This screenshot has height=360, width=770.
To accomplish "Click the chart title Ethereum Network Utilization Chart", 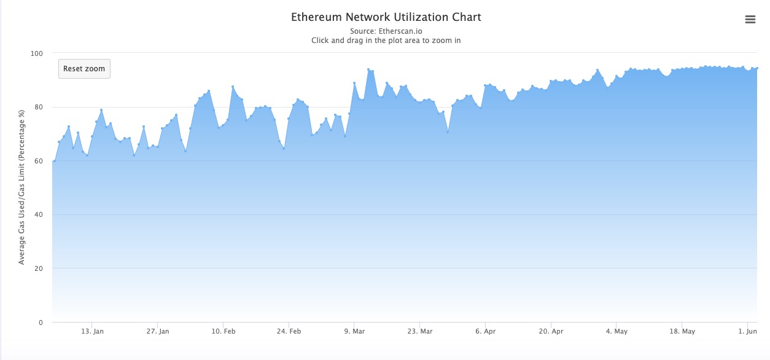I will pos(386,17).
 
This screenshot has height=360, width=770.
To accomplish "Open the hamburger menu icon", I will pos(750,20).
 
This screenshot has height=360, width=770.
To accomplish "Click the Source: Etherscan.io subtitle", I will pos(386,31).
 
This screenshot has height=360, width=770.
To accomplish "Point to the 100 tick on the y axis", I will pos(37,53).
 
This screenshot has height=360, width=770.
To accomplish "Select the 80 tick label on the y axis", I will pos(39,108).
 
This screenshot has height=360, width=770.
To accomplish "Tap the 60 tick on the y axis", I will pos(39,161).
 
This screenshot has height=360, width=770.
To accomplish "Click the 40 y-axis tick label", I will pos(39,215).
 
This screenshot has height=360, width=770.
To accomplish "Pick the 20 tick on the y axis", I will pos(39,268).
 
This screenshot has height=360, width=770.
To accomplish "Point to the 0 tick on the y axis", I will pos(41,323).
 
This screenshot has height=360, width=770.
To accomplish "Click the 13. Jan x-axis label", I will pos(91,332).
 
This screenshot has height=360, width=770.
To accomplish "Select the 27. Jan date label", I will pos(158,332).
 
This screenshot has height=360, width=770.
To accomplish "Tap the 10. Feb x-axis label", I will pos(224,332).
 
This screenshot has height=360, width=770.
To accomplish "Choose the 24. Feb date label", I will pos(290,332).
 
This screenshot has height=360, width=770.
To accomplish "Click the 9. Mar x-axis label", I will pos(354,332).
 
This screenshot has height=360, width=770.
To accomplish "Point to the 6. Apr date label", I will pos(485,332).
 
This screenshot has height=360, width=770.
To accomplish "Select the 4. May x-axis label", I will pos(616,332).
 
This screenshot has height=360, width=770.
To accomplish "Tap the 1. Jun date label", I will pos(748,332).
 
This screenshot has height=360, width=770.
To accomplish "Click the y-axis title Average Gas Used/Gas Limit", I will pos(21,187).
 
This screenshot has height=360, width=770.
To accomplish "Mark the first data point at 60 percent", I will pos(54,161).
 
